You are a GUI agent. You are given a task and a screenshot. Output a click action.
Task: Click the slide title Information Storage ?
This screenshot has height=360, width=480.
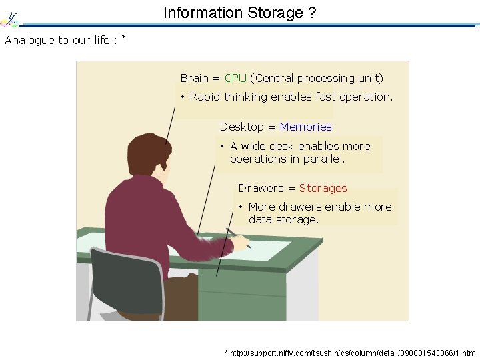239,13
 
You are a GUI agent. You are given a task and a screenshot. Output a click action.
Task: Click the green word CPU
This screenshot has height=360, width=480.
235,78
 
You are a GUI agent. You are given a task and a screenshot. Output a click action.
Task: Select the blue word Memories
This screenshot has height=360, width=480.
305,127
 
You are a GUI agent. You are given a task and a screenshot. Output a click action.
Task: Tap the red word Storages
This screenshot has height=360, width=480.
323,188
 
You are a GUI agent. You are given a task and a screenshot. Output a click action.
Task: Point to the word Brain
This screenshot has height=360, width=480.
195,78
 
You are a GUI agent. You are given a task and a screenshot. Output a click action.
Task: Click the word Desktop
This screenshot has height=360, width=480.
241,127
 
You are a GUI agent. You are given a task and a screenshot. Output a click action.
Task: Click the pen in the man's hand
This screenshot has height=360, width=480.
238,237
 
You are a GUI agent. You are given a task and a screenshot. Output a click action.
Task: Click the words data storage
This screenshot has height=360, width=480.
283,219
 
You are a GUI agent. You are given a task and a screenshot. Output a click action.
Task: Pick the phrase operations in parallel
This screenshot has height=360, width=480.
287,159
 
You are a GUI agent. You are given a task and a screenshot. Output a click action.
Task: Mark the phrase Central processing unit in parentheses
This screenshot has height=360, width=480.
317,78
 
